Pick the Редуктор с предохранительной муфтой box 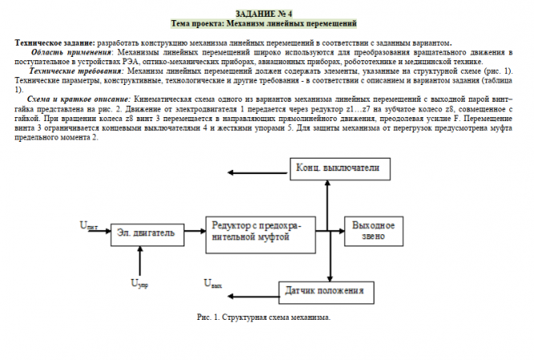[256, 232]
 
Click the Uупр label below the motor [139, 282]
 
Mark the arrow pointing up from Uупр [140, 261]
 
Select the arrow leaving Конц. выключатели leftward [257, 171]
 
